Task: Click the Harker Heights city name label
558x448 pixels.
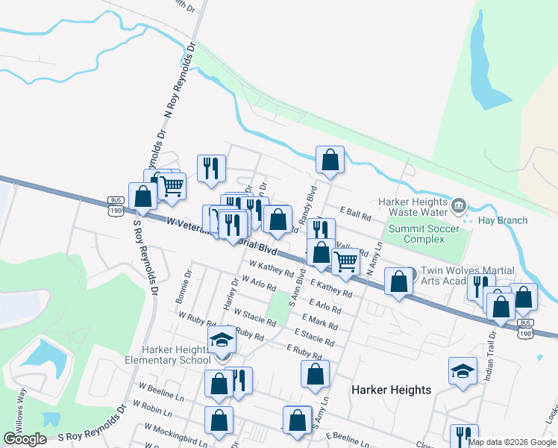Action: [x=391, y=390]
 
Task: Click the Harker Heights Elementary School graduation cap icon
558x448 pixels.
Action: [x=222, y=340]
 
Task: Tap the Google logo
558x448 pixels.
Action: [x=25, y=439]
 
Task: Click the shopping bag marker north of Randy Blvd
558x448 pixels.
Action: [x=329, y=160]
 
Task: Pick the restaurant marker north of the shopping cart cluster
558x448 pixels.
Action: [x=212, y=169]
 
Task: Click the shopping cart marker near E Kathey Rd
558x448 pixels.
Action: [x=345, y=262]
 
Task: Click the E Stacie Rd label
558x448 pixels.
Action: [x=314, y=337]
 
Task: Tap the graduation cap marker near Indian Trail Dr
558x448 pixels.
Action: [x=463, y=370]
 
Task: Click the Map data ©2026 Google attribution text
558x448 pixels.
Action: [x=512, y=442]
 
